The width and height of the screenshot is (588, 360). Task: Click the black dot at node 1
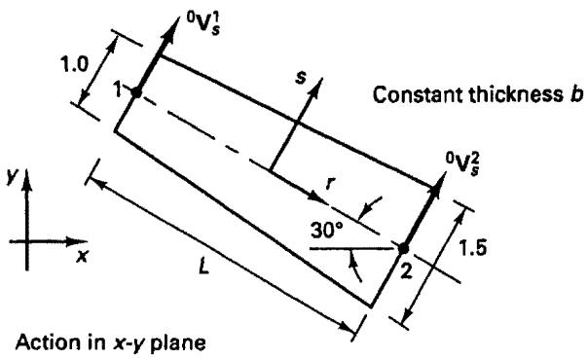(136, 92)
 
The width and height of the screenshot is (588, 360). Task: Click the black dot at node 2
(403, 248)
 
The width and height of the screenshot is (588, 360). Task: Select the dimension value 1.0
(75, 66)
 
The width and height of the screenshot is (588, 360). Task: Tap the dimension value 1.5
(473, 248)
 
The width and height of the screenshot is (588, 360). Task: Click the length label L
(203, 267)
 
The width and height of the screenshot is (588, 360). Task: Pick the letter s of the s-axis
(301, 79)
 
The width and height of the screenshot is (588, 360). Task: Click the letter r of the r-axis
(330, 183)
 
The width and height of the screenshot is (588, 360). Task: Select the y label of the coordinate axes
(12, 178)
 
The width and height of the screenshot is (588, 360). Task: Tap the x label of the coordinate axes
(82, 256)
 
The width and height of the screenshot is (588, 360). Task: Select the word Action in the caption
(49, 342)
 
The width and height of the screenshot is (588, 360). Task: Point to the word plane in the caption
(178, 343)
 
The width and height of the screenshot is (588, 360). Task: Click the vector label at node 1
(202, 25)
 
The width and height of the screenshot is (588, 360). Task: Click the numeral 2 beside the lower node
(406, 270)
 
